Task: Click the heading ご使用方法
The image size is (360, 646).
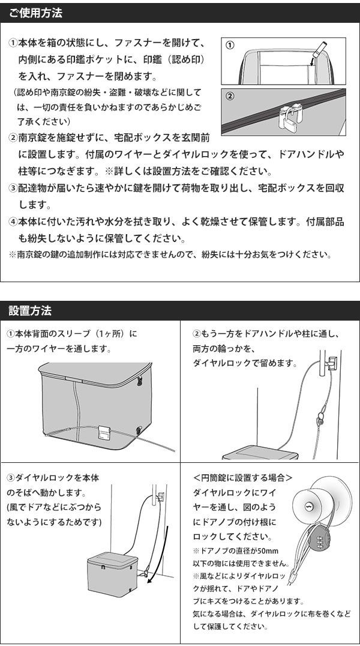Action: pos(35,13)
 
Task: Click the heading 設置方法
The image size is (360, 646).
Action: pos(30,310)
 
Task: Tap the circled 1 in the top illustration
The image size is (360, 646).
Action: pos(230,45)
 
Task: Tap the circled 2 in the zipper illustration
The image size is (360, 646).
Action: pos(230,97)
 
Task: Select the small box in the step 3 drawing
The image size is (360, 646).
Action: pos(112,573)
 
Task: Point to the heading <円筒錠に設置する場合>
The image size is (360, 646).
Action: pos(242,478)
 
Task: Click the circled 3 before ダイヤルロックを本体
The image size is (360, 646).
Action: pos(11,478)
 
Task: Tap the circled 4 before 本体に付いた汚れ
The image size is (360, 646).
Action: pos(13,222)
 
